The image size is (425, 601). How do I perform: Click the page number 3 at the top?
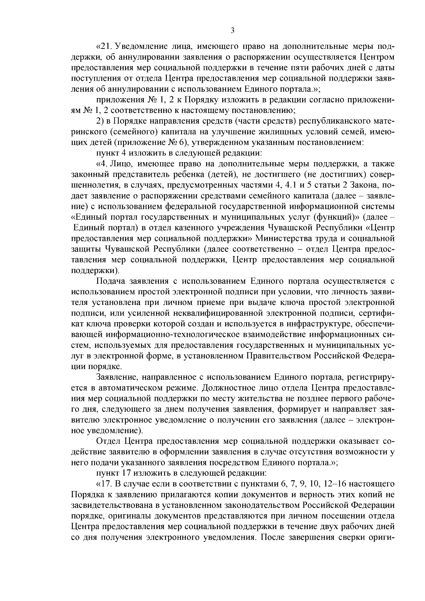click(232, 31)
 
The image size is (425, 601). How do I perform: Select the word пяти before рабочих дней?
click(301, 68)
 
